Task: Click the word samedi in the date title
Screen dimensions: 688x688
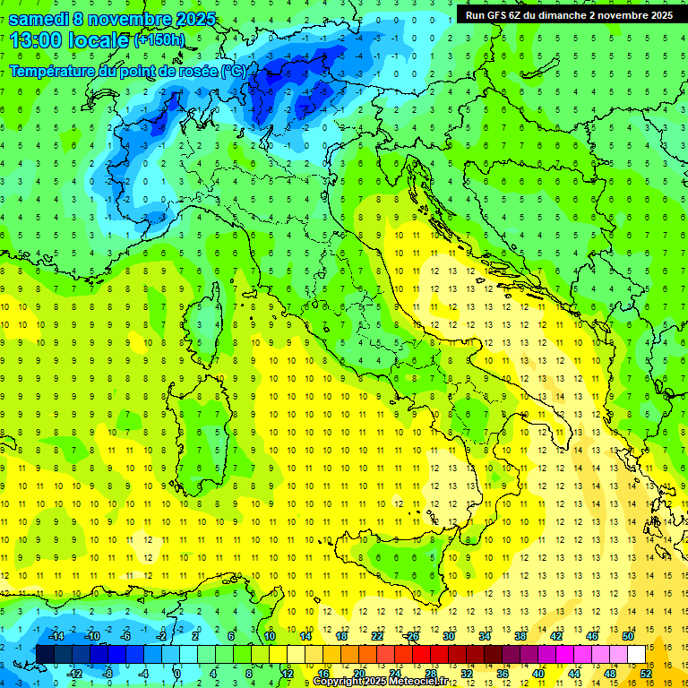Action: [39, 19]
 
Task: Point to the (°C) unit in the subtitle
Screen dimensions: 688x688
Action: [234, 72]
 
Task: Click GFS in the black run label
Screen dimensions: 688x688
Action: [496, 15]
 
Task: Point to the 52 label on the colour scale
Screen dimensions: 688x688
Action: [646, 674]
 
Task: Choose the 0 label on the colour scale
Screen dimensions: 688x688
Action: [176, 674]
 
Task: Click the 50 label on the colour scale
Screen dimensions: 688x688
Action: [628, 636]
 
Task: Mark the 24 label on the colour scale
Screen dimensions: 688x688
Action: [395, 674]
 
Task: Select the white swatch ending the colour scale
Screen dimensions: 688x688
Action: [637, 655]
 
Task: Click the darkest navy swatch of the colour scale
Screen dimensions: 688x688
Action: [45, 655]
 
